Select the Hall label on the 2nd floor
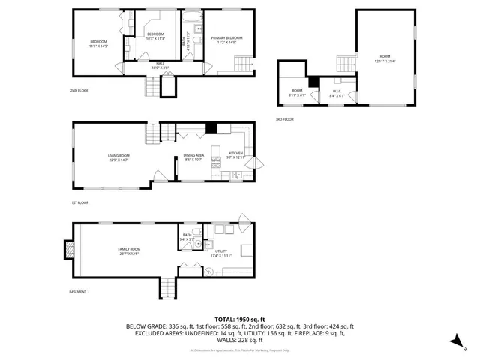coord(160,65)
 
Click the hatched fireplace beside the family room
coord(69,250)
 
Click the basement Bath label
coord(187,237)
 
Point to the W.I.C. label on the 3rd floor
coord(337,93)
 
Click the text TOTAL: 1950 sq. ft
coord(240,319)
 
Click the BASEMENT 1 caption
coord(79,291)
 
